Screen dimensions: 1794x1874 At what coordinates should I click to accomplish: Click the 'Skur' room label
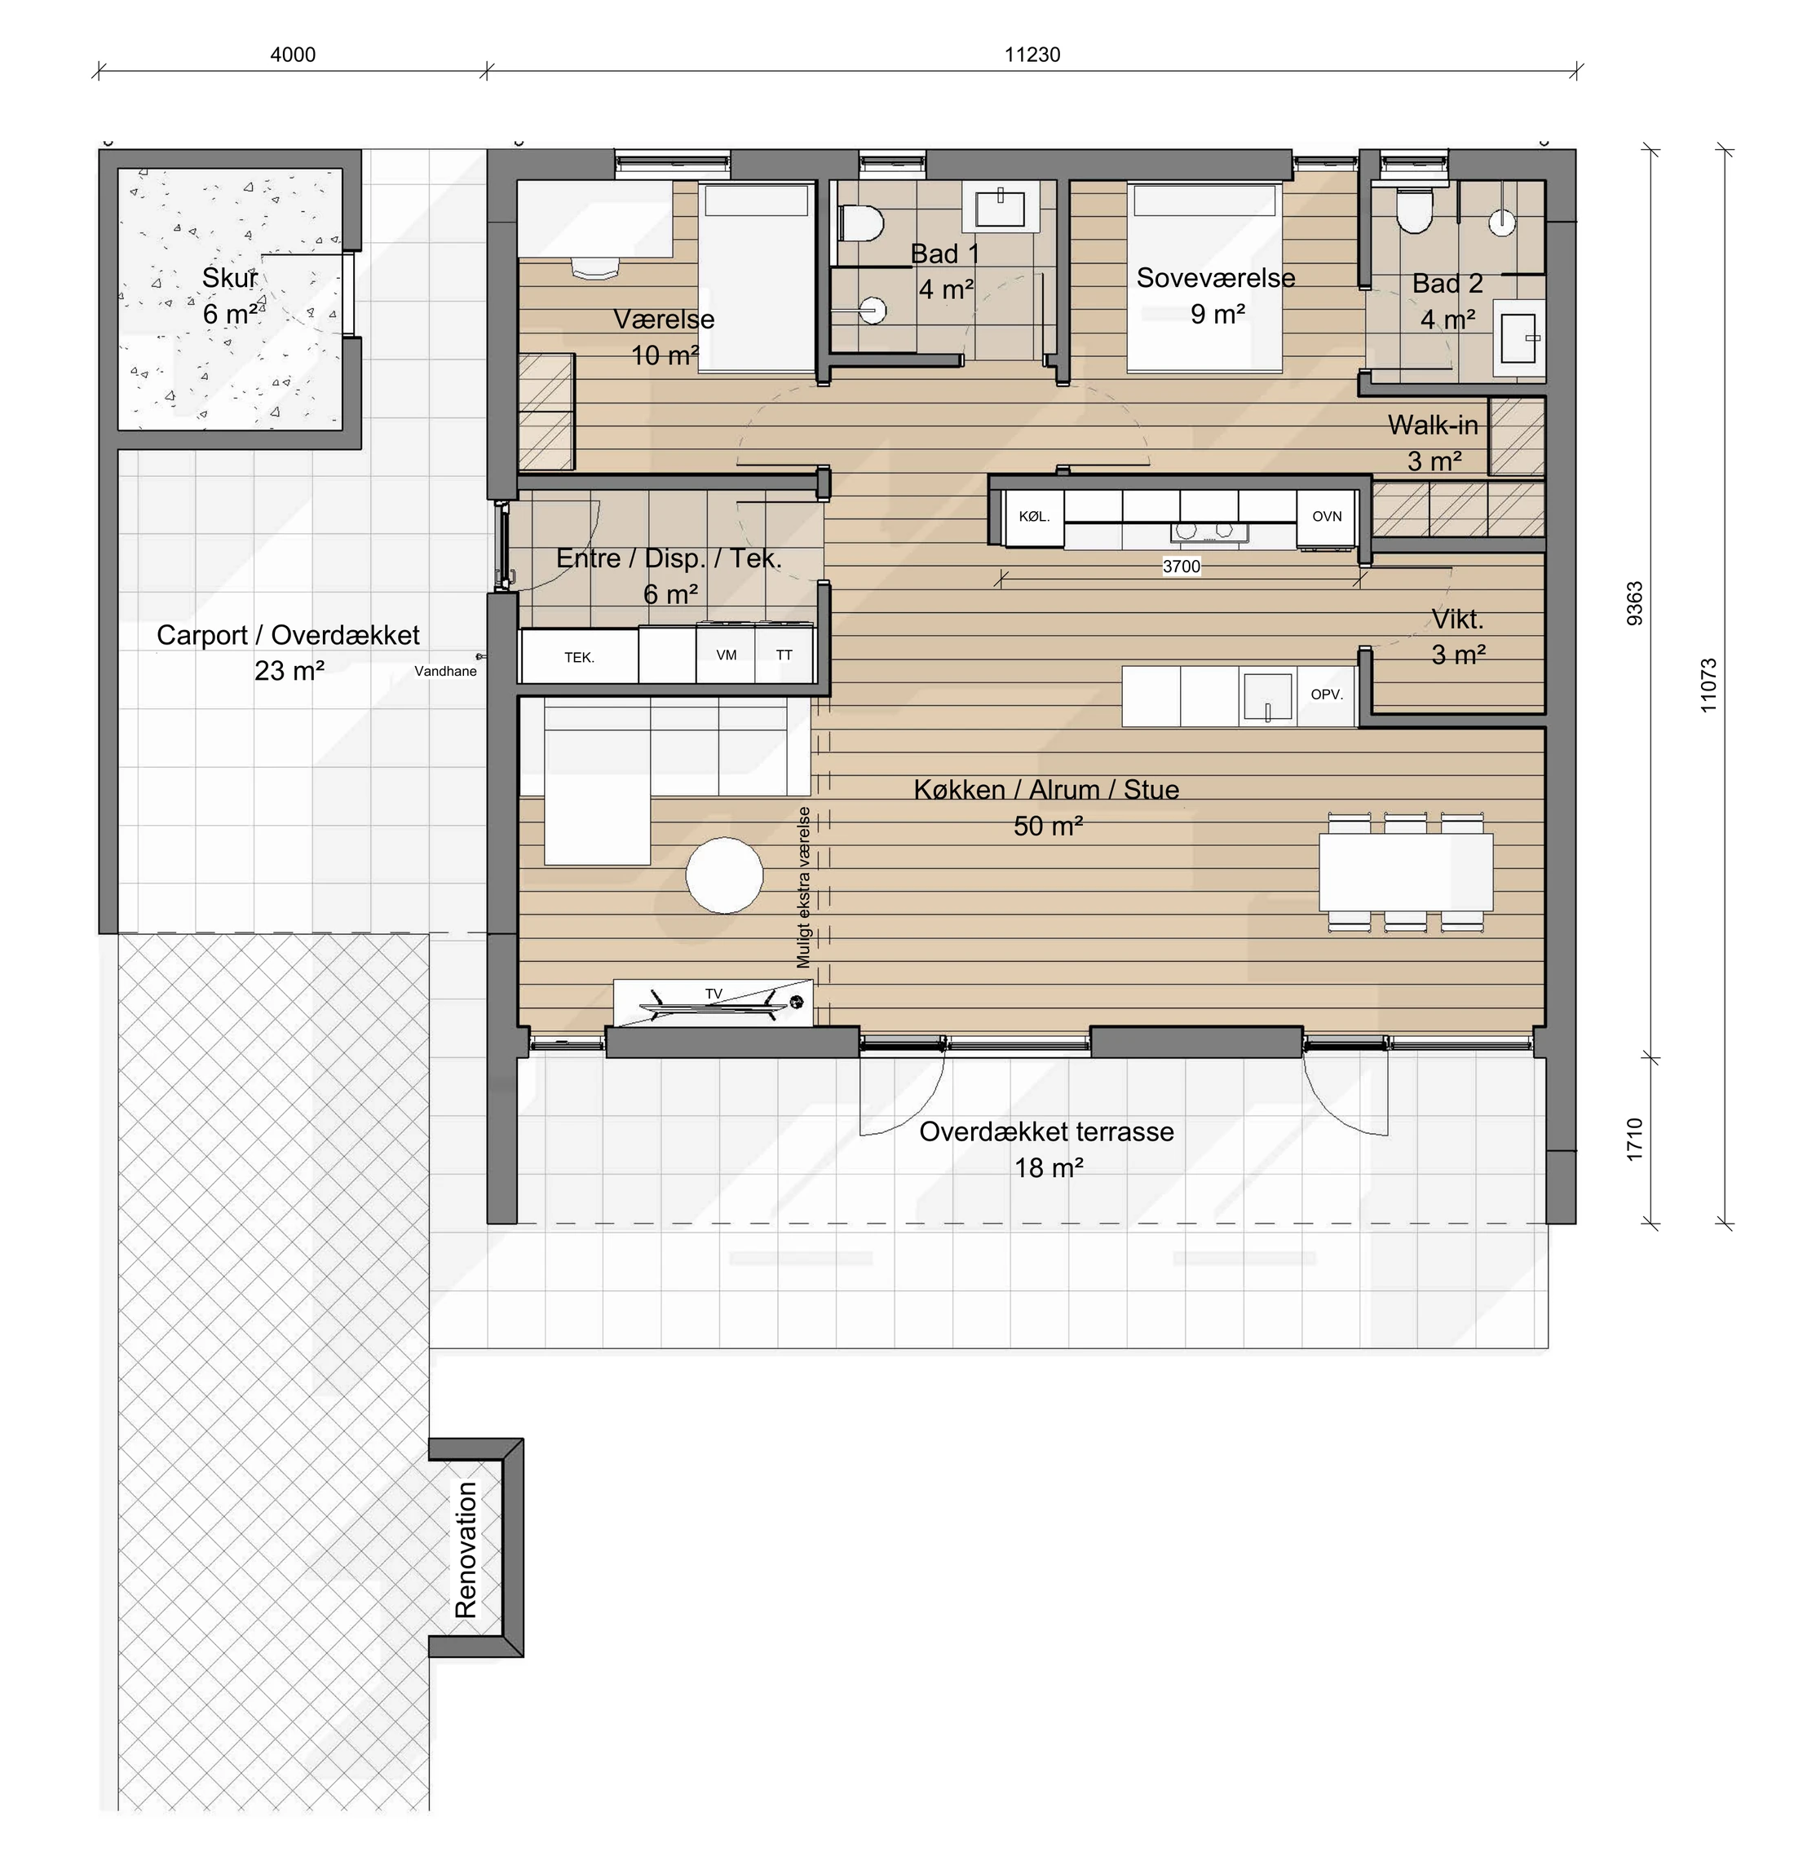tap(229, 278)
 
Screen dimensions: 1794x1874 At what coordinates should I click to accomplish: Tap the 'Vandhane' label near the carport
tap(444, 671)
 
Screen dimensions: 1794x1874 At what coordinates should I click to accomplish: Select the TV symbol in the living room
tap(714, 1001)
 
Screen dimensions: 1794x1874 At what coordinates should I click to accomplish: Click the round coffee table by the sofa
tap(725, 875)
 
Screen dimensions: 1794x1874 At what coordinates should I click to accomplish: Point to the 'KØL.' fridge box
tap(1035, 516)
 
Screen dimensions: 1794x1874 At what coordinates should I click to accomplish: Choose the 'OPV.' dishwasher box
tap(1327, 695)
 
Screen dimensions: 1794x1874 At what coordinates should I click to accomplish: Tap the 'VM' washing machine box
tap(726, 654)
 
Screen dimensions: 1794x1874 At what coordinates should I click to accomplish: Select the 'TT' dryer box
tap(784, 654)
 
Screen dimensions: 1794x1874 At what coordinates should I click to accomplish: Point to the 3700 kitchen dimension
tap(1181, 566)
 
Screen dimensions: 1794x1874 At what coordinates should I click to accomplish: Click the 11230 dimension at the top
tap(1032, 55)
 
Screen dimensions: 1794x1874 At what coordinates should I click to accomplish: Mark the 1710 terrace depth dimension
tap(1634, 1140)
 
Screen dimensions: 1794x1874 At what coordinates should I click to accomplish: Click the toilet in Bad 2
tap(1413, 211)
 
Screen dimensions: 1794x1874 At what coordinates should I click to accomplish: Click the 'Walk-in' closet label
tap(1433, 425)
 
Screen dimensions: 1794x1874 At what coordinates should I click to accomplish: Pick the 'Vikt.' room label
tap(1457, 620)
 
